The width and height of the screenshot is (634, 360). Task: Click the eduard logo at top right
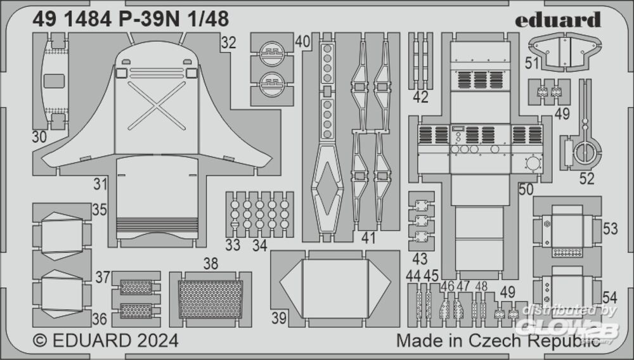(x=557, y=20)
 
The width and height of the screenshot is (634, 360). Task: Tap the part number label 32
(x=228, y=42)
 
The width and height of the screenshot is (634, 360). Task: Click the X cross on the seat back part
(x=157, y=106)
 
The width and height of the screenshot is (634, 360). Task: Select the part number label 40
(x=302, y=42)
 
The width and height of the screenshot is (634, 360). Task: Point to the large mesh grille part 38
(x=210, y=299)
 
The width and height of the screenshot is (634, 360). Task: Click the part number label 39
(x=279, y=318)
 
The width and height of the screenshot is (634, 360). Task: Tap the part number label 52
(x=586, y=178)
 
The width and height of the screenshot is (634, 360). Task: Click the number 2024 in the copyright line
(x=157, y=340)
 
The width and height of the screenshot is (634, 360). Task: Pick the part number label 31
(x=100, y=184)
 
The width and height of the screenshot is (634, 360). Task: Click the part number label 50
(x=526, y=190)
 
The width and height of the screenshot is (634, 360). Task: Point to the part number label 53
(x=610, y=229)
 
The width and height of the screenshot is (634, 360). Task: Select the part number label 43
(x=420, y=259)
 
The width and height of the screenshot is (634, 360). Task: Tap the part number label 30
(x=39, y=138)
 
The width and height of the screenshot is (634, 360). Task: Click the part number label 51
(x=532, y=63)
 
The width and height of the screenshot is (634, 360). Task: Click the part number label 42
(x=420, y=97)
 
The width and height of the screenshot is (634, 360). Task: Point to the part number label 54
(x=610, y=297)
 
